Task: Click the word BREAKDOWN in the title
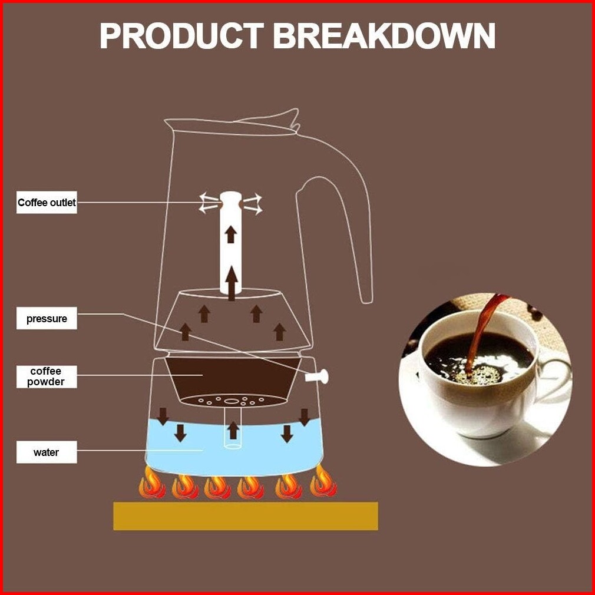pyautogui.click(x=384, y=37)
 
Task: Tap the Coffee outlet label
pyautogui.click(x=47, y=203)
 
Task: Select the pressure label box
pyautogui.click(x=47, y=319)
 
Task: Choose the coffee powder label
pyautogui.click(x=47, y=376)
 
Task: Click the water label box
pyautogui.click(x=47, y=452)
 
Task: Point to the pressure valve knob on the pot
pyautogui.click(x=319, y=376)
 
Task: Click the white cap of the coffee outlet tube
pyautogui.click(x=230, y=199)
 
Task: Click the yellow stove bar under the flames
pyautogui.click(x=245, y=515)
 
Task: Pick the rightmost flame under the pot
pyautogui.click(x=323, y=482)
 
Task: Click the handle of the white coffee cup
pyautogui.click(x=554, y=377)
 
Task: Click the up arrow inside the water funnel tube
pyautogui.click(x=233, y=430)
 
